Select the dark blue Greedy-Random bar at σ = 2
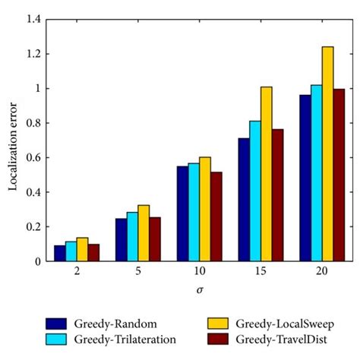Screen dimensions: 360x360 pyautogui.click(x=59, y=253)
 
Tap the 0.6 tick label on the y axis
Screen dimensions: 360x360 pyautogui.click(x=32, y=158)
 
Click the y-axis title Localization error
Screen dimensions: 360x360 pyautogui.click(x=13, y=140)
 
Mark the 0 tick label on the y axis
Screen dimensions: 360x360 pyautogui.click(x=36, y=261)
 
